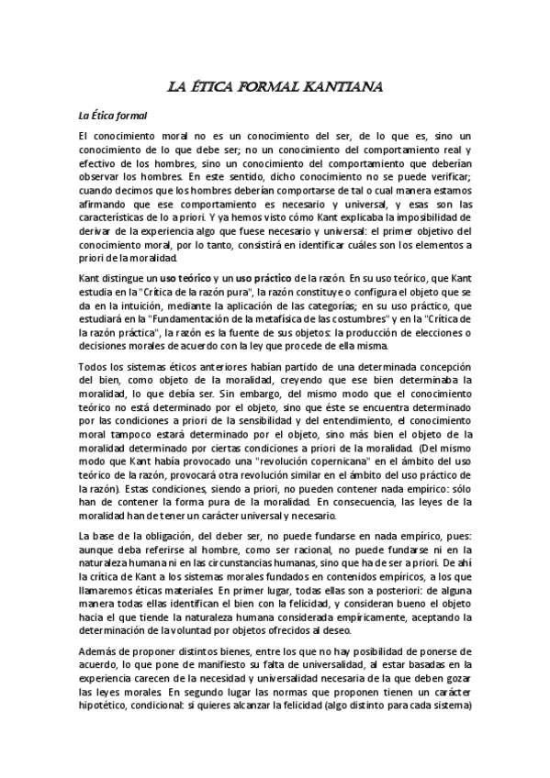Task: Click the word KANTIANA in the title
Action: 335,88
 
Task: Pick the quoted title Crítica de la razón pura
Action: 192,291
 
